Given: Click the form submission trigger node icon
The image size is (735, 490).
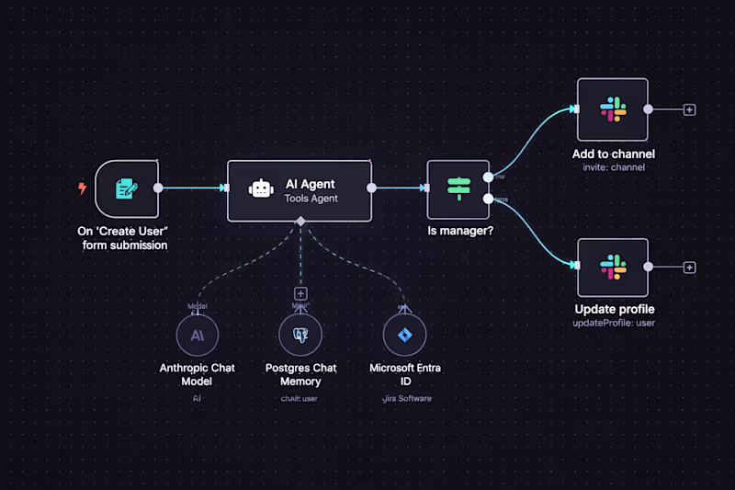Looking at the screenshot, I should pos(126,188).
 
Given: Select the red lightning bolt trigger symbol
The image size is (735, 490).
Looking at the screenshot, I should pos(82,188).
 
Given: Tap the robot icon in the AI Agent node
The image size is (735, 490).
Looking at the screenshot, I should pos(262,189).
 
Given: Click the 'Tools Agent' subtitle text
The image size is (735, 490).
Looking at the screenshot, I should pos(311,199).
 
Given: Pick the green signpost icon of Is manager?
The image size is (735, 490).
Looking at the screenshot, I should pos(458,188).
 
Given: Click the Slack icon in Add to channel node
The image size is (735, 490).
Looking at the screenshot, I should pos(613,109).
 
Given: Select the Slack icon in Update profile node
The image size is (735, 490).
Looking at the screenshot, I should pos(613,268).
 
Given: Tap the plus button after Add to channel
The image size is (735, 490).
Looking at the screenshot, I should pos(690,109).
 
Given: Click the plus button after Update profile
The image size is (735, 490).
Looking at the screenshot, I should pos(690,268).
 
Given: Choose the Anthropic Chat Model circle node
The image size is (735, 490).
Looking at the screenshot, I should pos(198,336).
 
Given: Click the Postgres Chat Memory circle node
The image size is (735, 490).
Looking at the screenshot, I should pos(300,336).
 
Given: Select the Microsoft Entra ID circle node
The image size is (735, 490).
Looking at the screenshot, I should pos(405,336).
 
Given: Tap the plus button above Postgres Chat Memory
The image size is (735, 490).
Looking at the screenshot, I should pos(300,293).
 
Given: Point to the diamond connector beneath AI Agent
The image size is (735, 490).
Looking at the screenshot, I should pos(300,222).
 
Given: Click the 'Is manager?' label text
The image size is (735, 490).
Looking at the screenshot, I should pos(460,231).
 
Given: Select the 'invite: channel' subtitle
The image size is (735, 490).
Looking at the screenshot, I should pos(613,167).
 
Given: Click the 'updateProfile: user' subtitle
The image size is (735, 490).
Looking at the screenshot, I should pos(613,323).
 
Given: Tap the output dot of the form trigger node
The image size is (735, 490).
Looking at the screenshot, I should pos(158,188).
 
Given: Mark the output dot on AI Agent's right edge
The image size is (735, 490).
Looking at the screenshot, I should pos(371,188).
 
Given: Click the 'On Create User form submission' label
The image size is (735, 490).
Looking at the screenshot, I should pos(124,237).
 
